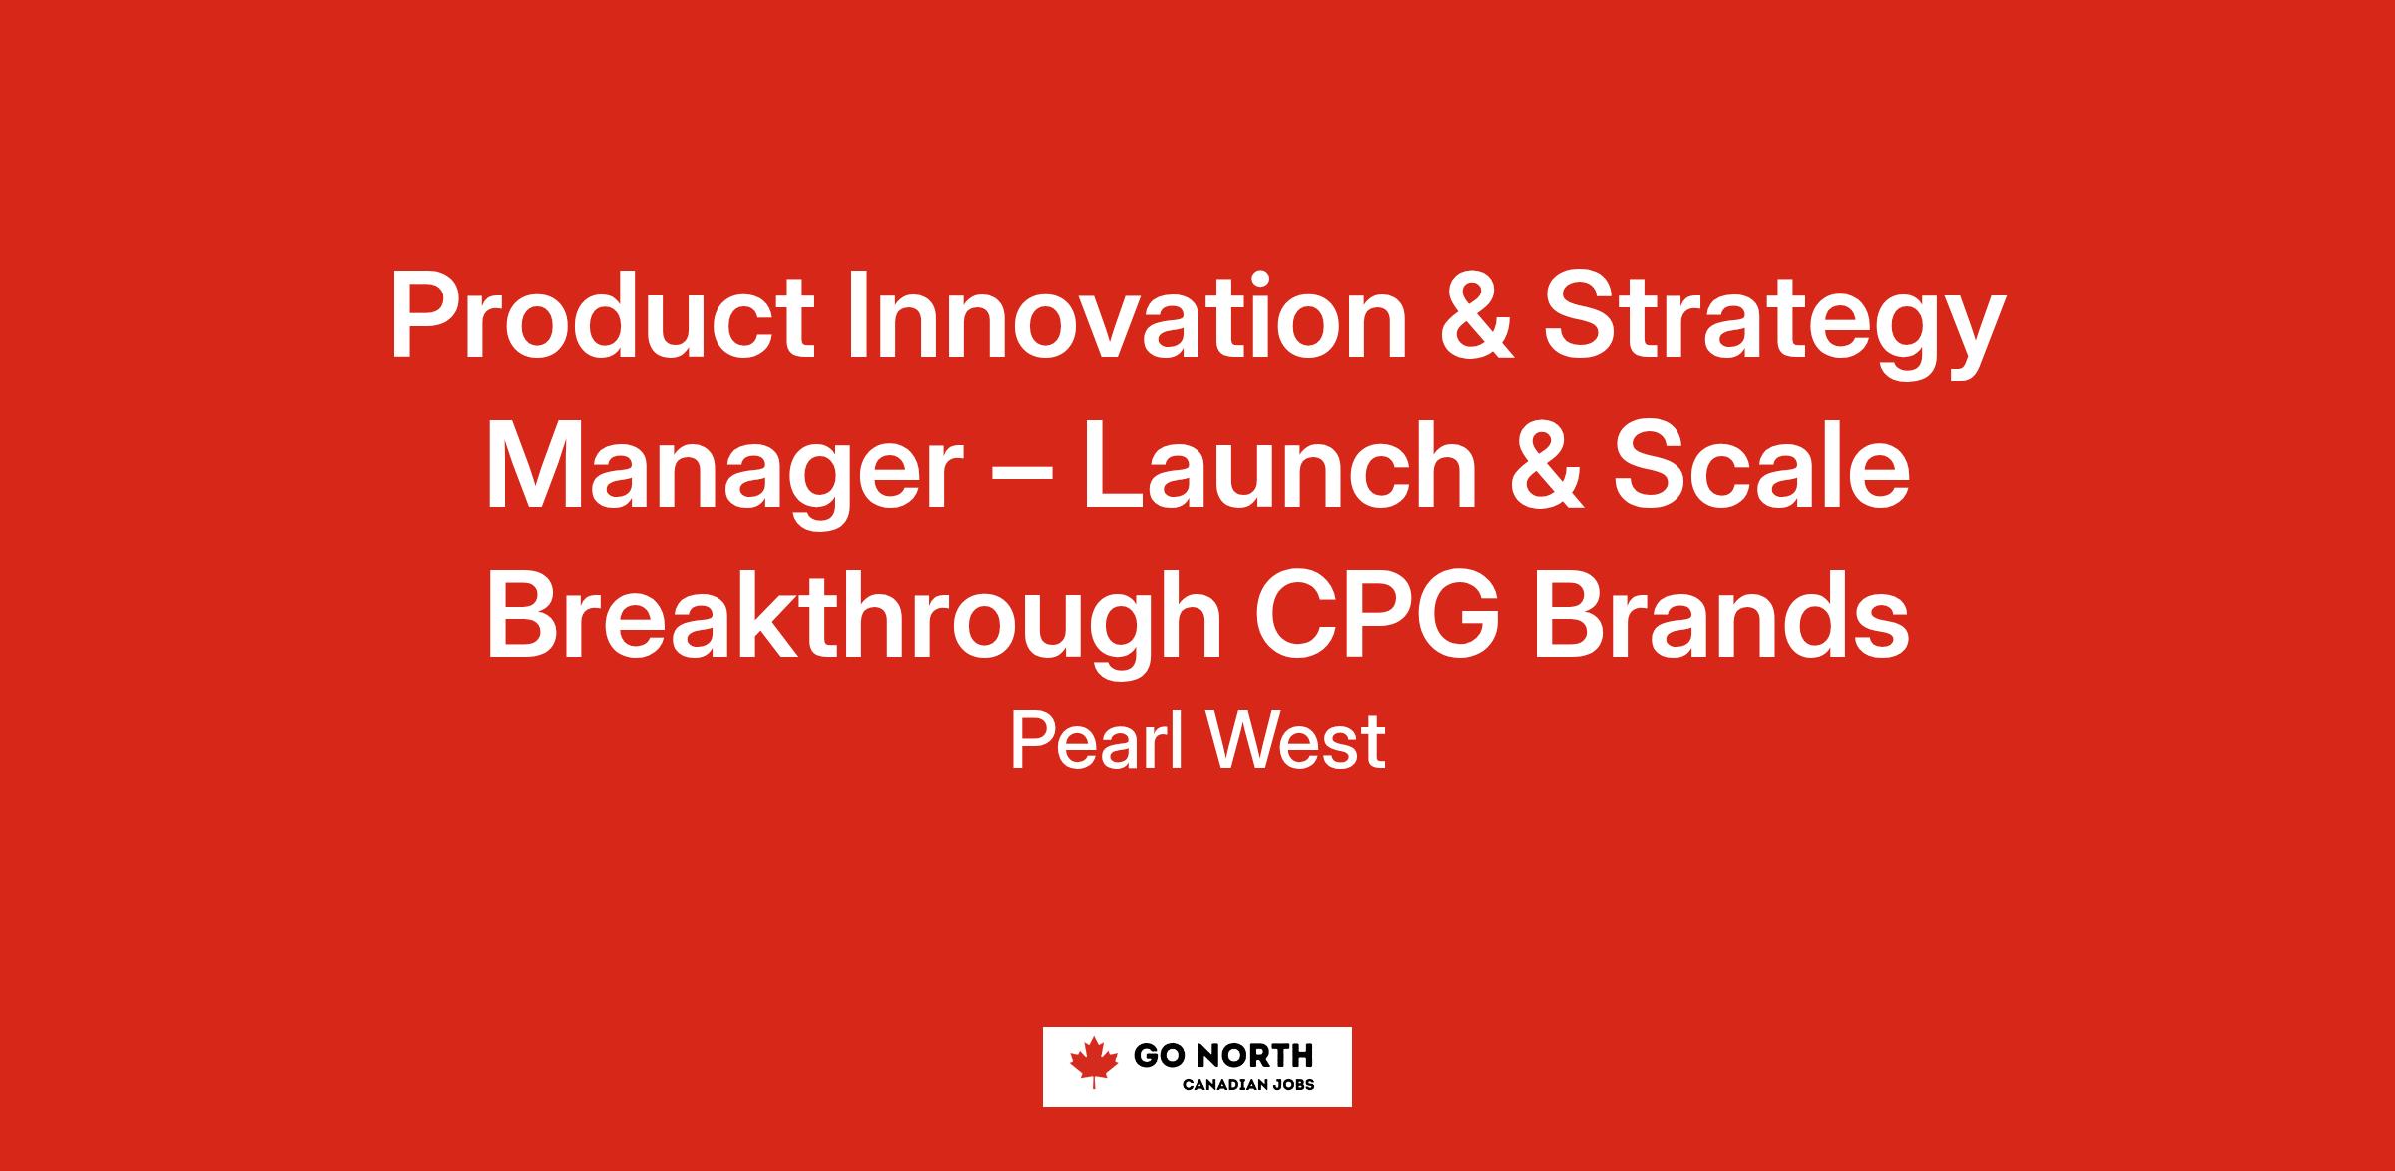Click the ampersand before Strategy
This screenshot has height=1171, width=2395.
click(x=1475, y=315)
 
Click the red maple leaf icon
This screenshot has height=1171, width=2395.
click(x=1094, y=1062)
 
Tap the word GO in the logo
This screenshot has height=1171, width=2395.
click(x=1155, y=1055)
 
